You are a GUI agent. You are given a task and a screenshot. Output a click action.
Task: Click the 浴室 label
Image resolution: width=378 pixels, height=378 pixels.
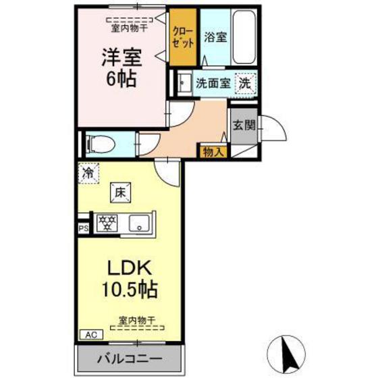[216, 36]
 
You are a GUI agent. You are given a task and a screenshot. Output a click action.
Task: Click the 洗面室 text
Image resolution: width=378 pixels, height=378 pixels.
[212, 84]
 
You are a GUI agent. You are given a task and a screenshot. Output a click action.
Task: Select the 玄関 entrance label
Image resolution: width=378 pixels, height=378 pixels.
[244, 126]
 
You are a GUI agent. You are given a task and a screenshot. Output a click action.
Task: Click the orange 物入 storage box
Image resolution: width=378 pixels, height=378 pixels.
[213, 153]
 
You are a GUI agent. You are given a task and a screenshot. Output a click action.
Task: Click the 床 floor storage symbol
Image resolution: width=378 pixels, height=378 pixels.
[121, 192]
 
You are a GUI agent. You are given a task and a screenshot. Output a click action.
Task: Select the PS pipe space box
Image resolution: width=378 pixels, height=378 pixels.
[84, 228]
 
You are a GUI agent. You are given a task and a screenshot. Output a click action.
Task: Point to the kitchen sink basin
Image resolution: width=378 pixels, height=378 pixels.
[140, 223]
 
